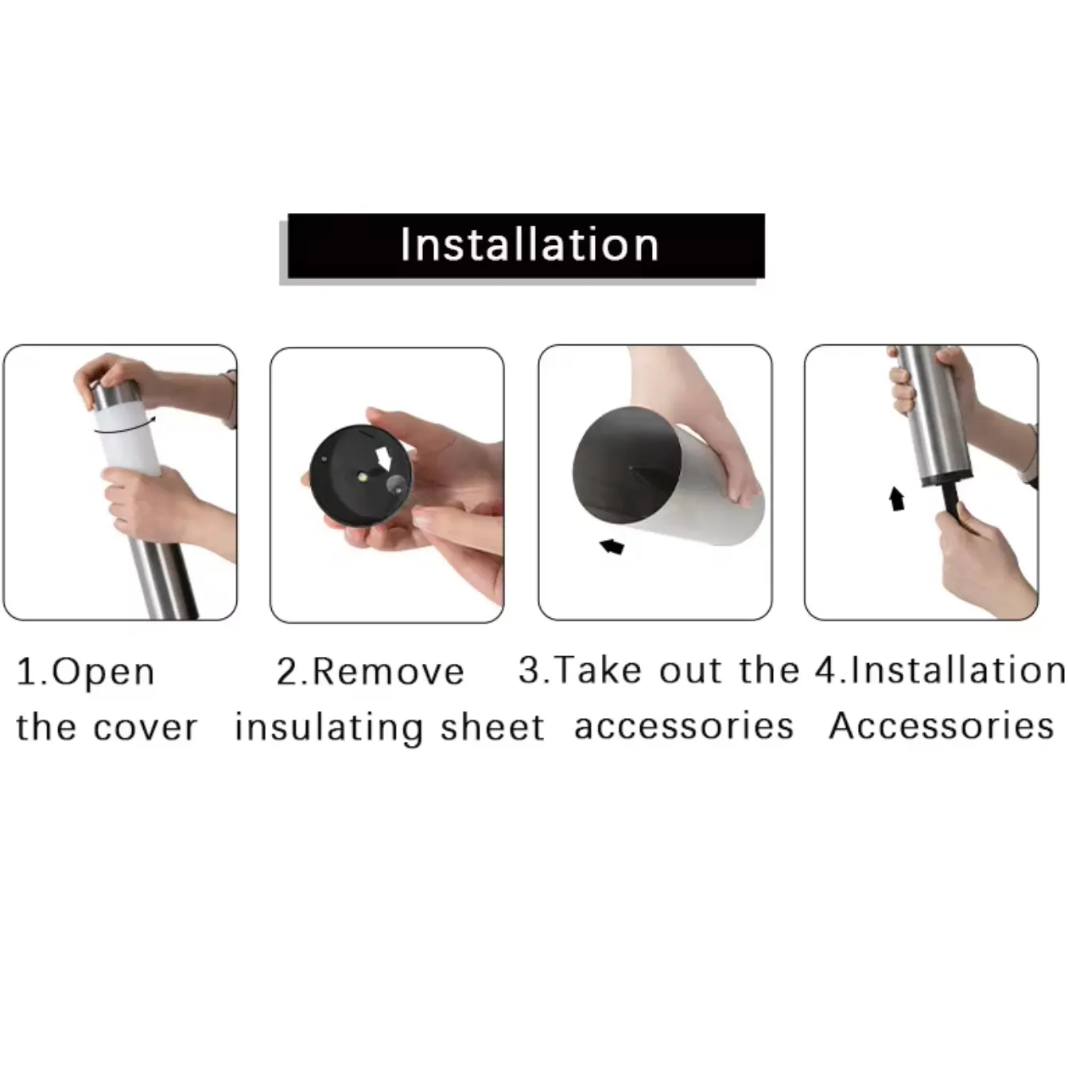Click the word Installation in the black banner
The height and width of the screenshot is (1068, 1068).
(x=529, y=244)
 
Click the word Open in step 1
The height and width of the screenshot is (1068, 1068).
(x=104, y=673)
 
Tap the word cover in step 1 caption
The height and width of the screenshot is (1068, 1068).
(x=151, y=728)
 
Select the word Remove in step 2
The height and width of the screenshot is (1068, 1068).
(x=388, y=672)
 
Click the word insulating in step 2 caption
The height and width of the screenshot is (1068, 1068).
(x=328, y=728)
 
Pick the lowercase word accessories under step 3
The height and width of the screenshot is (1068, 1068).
(x=684, y=726)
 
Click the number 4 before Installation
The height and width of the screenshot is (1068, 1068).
(x=827, y=670)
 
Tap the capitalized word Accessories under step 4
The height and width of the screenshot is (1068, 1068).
(x=942, y=726)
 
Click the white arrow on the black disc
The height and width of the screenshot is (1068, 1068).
(x=385, y=458)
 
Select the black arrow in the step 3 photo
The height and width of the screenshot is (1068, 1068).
(x=612, y=546)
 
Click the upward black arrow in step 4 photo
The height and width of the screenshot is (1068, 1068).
(x=896, y=499)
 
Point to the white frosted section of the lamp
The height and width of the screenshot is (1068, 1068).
(x=127, y=441)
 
